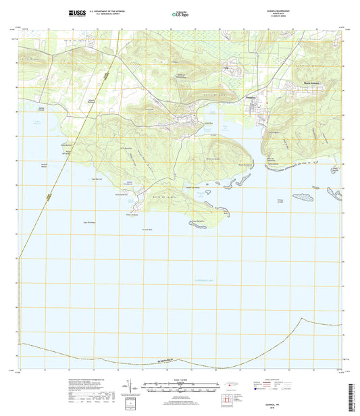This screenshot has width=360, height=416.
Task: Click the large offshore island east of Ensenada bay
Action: pos(306,197)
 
